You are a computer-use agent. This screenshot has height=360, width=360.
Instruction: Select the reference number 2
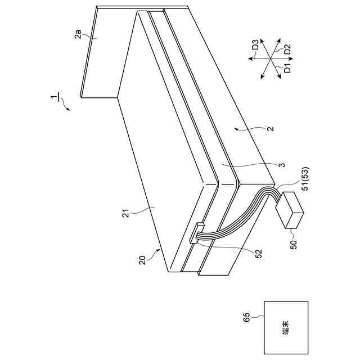270,129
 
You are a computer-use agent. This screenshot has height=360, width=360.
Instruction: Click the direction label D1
286,69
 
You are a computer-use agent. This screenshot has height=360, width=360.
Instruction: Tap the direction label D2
286,49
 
